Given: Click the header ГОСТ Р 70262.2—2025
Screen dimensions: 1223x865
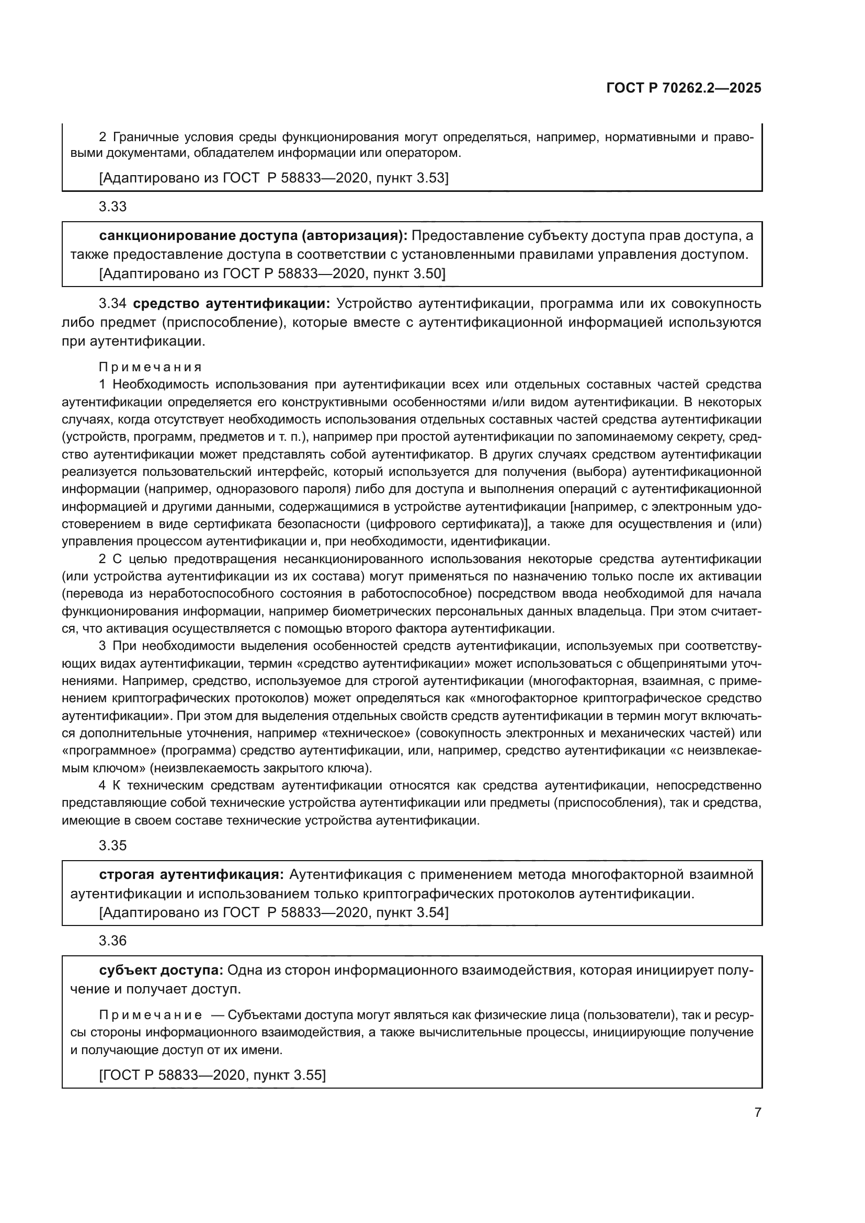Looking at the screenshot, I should (684, 88).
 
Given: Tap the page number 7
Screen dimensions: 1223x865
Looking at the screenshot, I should (757, 1113).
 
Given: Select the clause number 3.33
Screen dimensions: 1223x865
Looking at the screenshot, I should (112, 207).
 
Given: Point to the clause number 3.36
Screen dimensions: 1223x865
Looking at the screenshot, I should (112, 941).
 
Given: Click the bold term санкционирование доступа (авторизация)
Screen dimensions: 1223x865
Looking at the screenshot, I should (253, 235).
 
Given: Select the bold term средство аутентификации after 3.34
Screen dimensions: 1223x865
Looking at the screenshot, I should (231, 304).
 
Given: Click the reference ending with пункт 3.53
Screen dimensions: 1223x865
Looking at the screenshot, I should (274, 178).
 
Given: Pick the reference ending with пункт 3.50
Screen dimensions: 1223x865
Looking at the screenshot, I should (272, 274).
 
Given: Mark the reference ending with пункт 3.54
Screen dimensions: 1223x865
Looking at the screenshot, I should (274, 913).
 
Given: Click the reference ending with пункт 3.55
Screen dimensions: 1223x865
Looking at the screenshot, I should (212, 1075).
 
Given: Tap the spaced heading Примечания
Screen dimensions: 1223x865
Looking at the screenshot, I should (150, 367).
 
